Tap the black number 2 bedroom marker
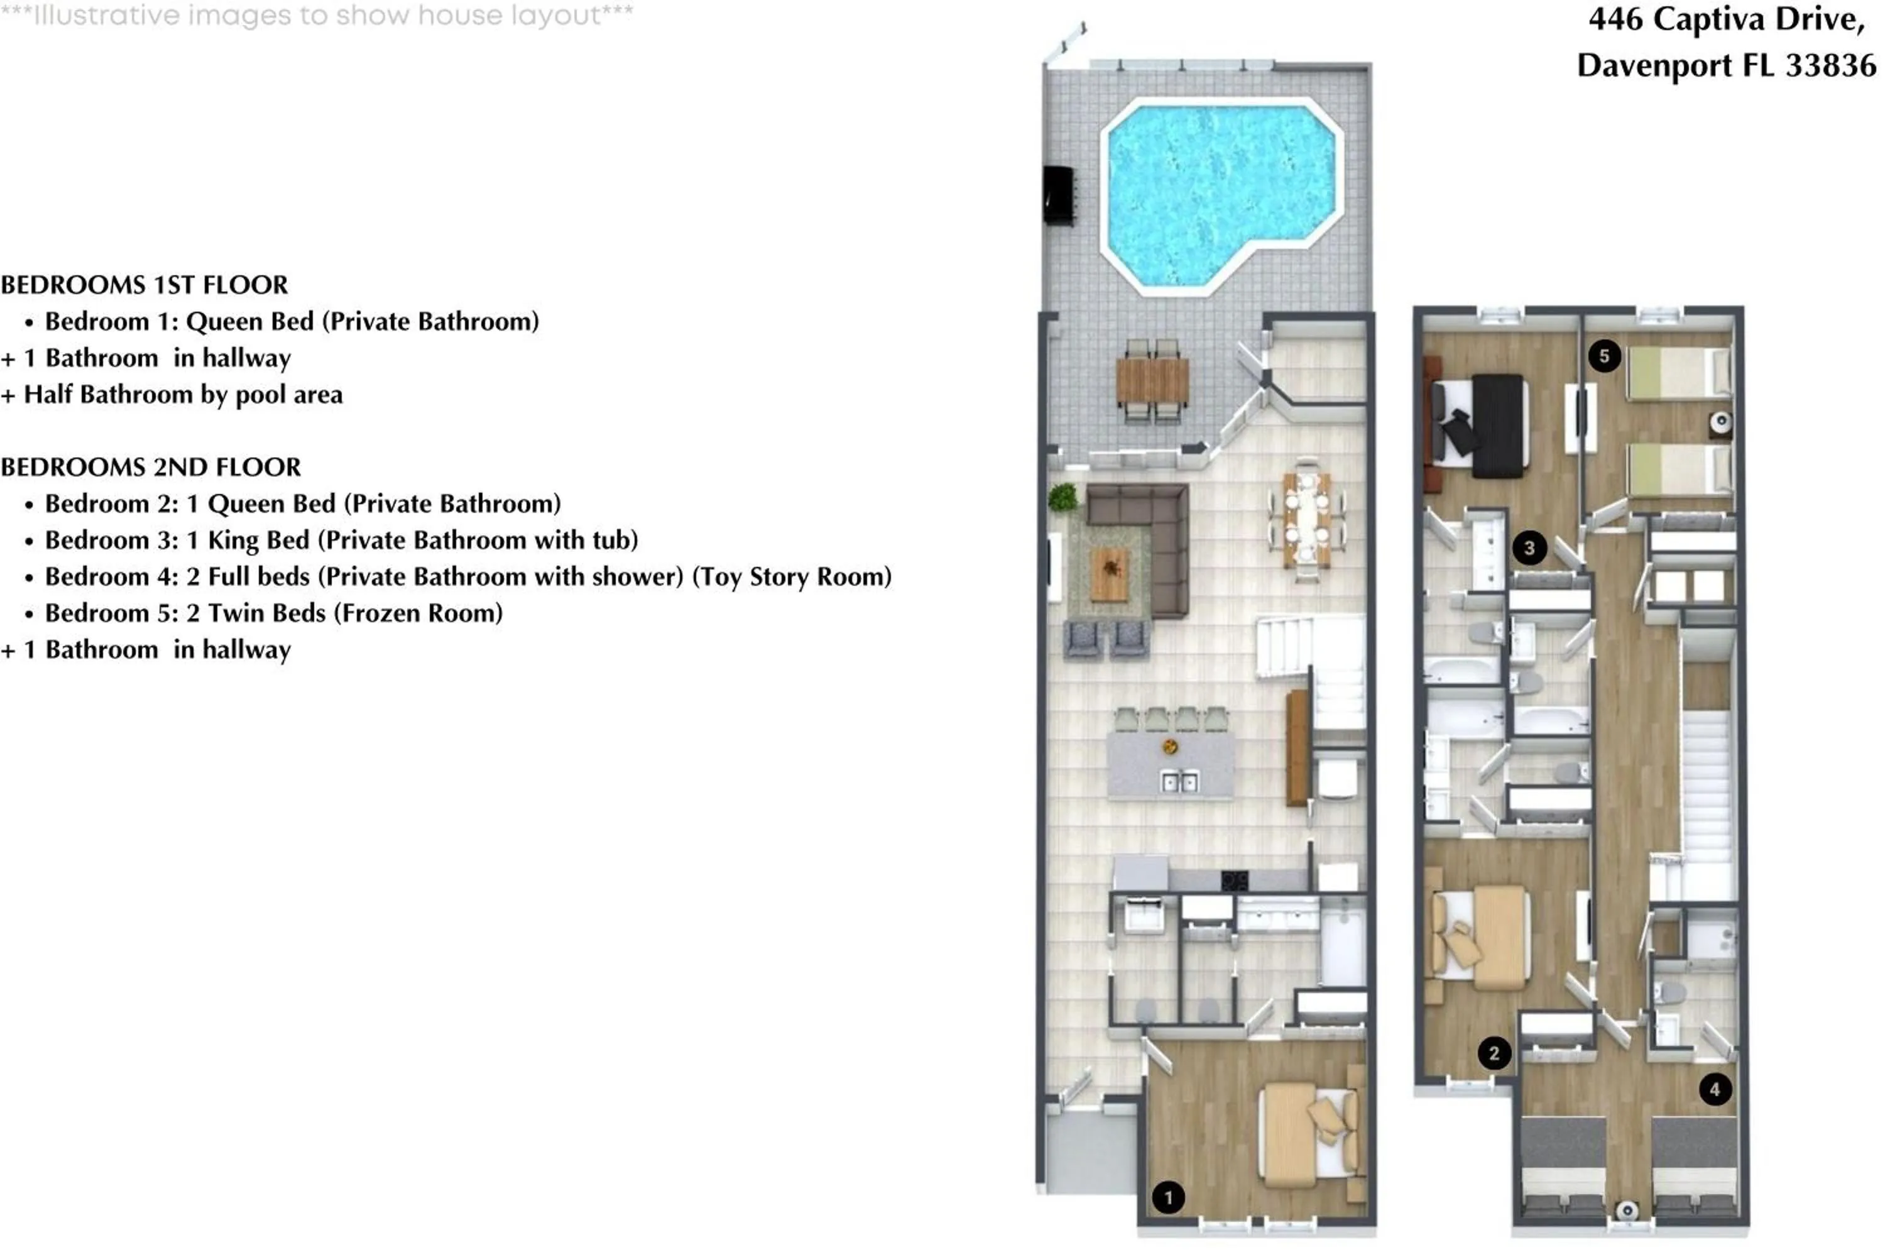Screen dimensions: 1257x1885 (1494, 1053)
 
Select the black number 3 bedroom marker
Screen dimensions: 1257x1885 (1529, 548)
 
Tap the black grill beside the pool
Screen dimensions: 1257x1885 (1059, 195)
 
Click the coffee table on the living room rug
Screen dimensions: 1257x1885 (1111, 573)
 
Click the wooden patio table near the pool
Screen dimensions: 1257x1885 (1152, 381)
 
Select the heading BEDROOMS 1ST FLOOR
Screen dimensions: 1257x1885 (145, 285)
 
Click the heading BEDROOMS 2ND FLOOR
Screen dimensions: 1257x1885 (151, 468)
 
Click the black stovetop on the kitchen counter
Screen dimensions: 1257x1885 (1234, 881)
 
